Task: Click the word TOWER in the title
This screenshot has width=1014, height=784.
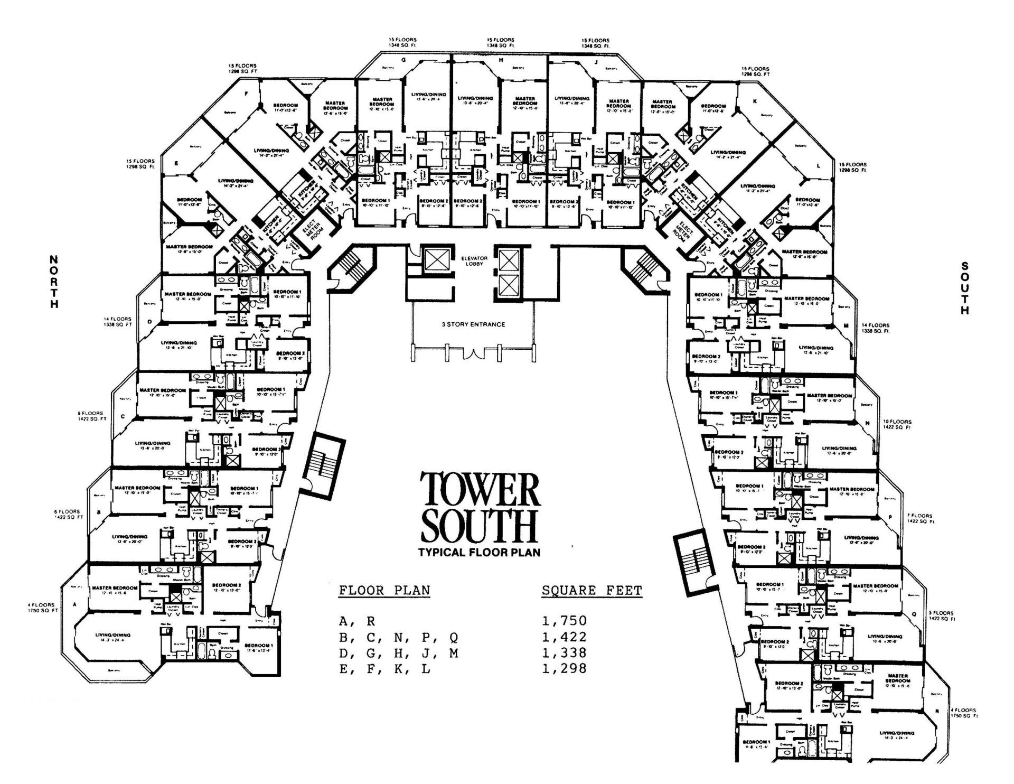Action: click(x=480, y=490)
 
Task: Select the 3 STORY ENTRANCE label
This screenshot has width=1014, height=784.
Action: click(x=473, y=324)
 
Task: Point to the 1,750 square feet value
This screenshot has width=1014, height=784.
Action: click(x=564, y=621)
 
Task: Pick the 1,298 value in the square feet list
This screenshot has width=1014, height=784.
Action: click(x=564, y=669)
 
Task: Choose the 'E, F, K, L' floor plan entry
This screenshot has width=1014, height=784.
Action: click(x=384, y=669)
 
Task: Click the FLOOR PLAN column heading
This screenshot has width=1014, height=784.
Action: click(x=384, y=590)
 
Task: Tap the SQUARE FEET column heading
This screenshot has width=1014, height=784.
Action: click(x=591, y=590)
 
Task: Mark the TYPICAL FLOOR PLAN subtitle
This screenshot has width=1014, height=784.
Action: click(x=480, y=553)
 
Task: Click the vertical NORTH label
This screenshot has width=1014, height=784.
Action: click(x=53, y=282)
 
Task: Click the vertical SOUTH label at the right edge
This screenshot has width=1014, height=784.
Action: click(x=965, y=288)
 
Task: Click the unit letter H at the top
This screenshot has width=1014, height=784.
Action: click(x=501, y=60)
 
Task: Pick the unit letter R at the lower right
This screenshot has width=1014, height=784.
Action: click(x=937, y=711)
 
